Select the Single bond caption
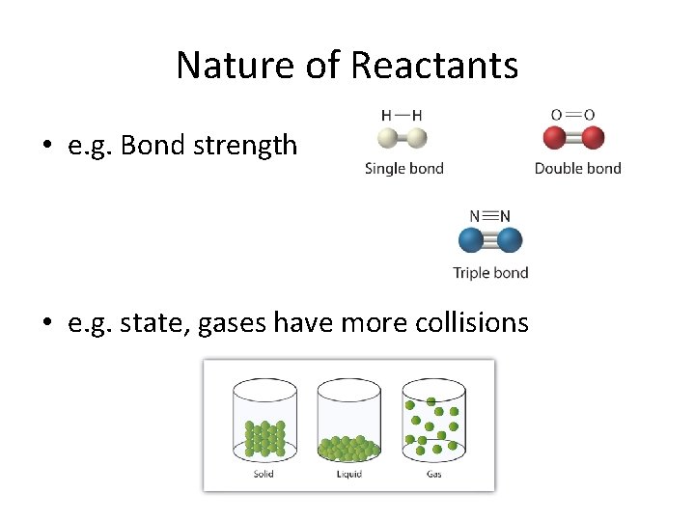click(x=403, y=168)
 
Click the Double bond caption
click(x=577, y=168)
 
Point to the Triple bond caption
click(x=490, y=272)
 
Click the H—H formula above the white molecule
click(x=402, y=115)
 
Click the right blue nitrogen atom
click(x=509, y=240)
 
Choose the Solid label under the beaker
click(x=263, y=474)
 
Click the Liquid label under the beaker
click(x=348, y=474)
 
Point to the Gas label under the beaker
click(x=433, y=474)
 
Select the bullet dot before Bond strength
click(x=45, y=147)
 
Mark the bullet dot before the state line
click(x=45, y=323)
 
